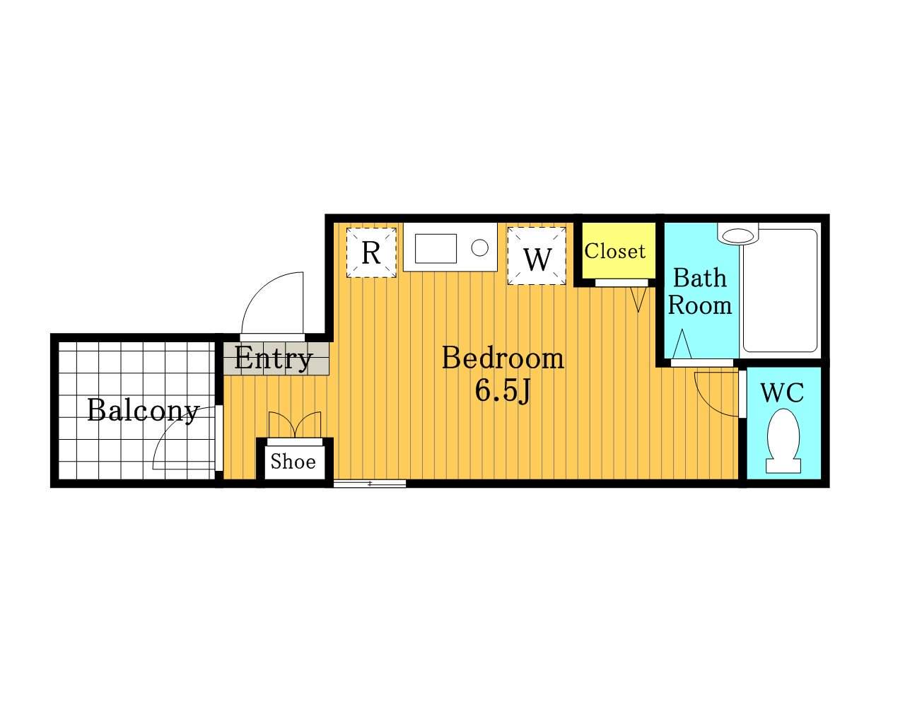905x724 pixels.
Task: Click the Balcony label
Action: point(143,411)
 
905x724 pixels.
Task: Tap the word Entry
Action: point(274,358)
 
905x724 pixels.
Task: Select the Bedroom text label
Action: point(503,358)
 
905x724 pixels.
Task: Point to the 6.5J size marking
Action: point(503,391)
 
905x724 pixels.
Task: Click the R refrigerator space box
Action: point(371,253)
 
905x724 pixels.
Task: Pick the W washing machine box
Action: point(537,256)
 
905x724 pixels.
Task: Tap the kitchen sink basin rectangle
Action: point(436,249)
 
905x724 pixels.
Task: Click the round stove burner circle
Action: point(480,247)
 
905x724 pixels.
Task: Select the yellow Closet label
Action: point(615,252)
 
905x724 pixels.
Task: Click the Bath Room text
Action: point(700,291)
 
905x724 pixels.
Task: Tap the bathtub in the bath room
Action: point(781,291)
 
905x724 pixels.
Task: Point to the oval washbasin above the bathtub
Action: point(739,235)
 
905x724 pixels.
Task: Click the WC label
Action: point(782,393)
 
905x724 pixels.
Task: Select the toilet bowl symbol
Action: point(783,442)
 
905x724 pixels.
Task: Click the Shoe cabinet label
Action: point(293,462)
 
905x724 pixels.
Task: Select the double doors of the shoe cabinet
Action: point(294,425)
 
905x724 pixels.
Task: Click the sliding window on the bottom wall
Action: point(370,484)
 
